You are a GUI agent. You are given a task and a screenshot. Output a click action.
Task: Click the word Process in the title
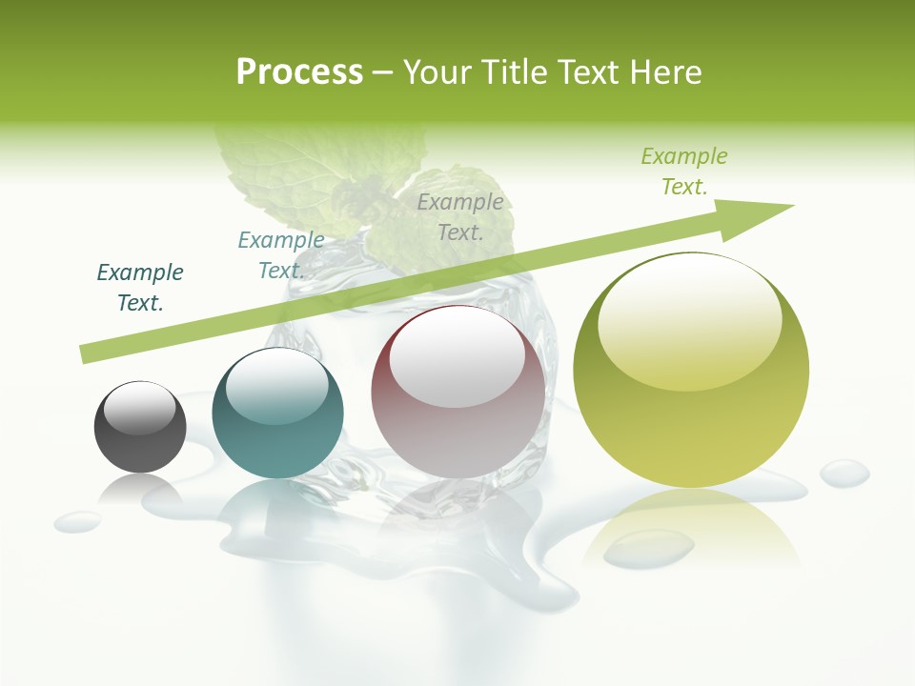[x=299, y=71]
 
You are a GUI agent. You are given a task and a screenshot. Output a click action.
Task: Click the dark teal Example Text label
[x=140, y=288]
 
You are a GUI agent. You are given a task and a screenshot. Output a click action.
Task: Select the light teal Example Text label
[x=281, y=255]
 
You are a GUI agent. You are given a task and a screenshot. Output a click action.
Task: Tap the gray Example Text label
[x=460, y=216]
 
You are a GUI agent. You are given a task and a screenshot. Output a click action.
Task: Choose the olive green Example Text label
[x=684, y=171]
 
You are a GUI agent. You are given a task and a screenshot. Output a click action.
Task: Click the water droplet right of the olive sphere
[x=844, y=472]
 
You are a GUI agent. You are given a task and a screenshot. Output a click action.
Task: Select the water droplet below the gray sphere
[x=77, y=521]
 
